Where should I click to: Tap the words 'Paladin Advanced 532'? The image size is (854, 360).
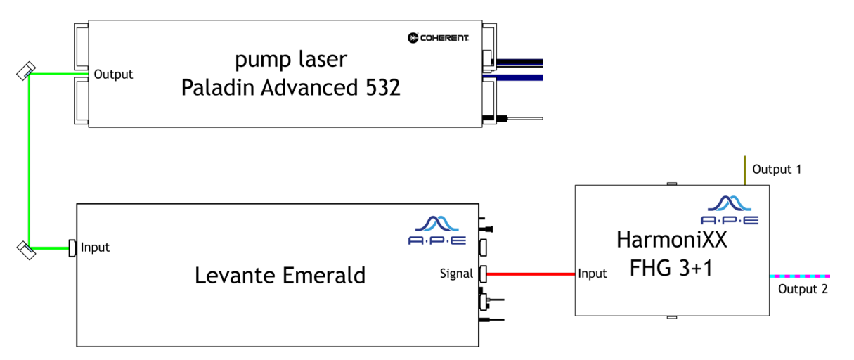click(291, 87)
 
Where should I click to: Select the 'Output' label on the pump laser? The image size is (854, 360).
click(113, 74)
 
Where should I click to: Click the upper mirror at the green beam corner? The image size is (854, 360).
click(27, 71)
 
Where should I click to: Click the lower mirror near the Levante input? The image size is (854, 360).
click(27, 249)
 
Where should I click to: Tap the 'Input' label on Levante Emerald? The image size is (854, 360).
click(96, 247)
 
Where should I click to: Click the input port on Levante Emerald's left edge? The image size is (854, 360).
click(72, 247)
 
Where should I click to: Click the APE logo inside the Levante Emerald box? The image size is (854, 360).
click(436, 229)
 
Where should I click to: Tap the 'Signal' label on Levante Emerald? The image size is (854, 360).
click(456, 274)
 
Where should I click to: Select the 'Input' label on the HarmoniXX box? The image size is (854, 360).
click(592, 274)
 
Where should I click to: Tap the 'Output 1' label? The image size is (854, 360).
click(776, 169)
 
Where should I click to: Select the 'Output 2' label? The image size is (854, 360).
click(803, 289)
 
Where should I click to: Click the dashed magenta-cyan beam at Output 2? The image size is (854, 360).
click(801, 276)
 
